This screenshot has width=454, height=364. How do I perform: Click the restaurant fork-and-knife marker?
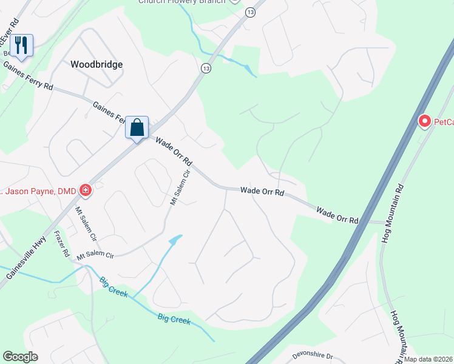point(21,45)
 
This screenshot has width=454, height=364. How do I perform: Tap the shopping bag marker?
point(137,127)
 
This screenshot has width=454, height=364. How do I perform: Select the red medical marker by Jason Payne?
point(86,191)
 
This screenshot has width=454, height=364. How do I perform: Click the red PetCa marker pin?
point(425,122)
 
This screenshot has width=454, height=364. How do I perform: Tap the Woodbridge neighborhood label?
point(97,64)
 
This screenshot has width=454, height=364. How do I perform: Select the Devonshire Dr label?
point(313,356)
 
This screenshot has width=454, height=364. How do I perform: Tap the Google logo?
point(21,357)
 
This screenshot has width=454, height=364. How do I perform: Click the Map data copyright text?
point(428,359)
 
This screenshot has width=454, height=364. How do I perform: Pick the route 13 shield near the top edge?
point(250,12)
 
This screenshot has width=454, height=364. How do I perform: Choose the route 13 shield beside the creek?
point(207,68)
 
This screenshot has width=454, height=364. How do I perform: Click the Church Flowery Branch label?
point(182,2)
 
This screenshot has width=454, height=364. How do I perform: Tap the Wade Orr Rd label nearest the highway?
point(337,215)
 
